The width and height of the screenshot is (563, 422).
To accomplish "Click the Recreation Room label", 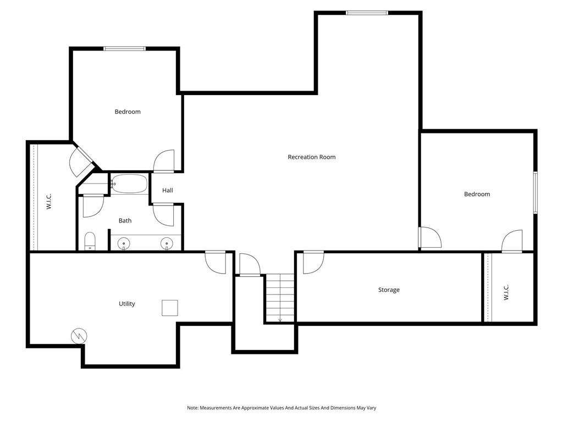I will coord(311,157).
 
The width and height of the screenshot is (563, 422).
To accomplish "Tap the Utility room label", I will coord(127,304).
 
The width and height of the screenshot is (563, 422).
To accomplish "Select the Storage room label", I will coord(389,290).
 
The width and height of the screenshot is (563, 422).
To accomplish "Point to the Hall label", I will coord(168,190).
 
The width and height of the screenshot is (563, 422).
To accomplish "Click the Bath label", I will coord(125,221).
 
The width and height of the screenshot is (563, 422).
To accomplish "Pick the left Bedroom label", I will coord(128,112).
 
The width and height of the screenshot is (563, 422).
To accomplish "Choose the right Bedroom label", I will coord(477,194).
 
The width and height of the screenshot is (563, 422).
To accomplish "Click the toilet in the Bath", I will coord(90,241).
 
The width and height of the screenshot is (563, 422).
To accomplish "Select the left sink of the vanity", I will coord(124,243).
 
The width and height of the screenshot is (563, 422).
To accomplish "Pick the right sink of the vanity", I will coord(167,243).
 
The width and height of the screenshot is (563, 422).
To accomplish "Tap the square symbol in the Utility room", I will coord(170,308).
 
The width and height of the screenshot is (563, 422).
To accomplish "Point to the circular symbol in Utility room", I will coord(79,336).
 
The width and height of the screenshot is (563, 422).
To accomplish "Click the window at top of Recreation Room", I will coord(367,13).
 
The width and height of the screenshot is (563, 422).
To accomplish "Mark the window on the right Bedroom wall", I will coord(535,192).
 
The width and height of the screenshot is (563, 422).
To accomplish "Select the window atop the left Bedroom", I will coord(125,48).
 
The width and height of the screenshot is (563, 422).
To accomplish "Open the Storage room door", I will coord(312,262).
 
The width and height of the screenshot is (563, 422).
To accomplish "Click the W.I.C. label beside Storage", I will coord(506,292).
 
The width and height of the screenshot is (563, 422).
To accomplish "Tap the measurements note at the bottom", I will coord(281,408).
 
